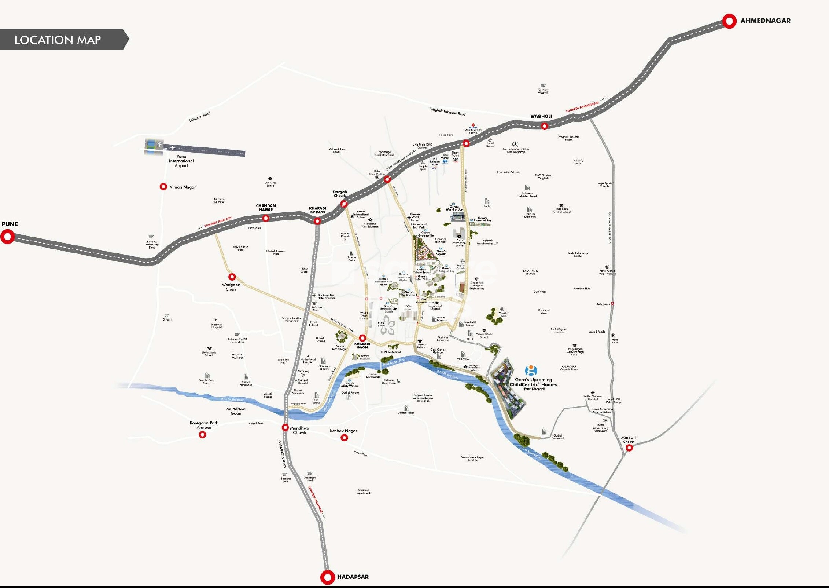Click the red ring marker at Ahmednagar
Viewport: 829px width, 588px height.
click(x=729, y=21)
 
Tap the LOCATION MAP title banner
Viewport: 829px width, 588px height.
click(x=58, y=40)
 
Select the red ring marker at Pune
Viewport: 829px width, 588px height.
click(x=7, y=237)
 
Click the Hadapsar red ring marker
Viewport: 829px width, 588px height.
click(x=327, y=577)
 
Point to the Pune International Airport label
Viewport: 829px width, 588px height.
click(x=181, y=161)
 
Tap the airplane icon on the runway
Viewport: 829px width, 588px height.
click(x=171, y=148)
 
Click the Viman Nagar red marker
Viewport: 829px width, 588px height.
click(x=163, y=187)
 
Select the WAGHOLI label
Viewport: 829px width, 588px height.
click(x=541, y=116)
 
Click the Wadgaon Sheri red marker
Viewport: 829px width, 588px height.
click(x=232, y=277)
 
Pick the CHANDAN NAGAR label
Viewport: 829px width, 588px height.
click(x=266, y=208)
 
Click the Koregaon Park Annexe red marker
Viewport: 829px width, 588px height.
click(x=202, y=435)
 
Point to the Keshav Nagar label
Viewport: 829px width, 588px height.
click(x=343, y=431)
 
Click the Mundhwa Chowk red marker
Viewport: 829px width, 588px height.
click(x=285, y=427)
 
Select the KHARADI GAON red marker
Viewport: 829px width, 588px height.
click(x=362, y=338)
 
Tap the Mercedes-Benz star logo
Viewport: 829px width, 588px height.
click(x=515, y=144)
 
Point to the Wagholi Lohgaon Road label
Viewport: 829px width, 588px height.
click(x=447, y=112)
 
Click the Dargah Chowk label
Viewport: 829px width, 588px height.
click(x=340, y=194)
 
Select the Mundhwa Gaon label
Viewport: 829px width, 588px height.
click(x=236, y=411)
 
